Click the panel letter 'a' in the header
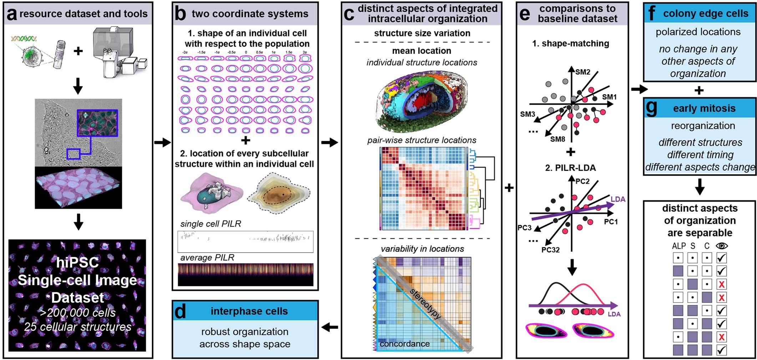pos(12,14)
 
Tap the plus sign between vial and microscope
pos(78,51)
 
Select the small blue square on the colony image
pos(73,154)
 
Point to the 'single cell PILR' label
pos(211,224)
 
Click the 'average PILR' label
pos(207,257)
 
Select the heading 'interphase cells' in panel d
pos(249,311)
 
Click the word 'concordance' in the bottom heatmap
pos(404,344)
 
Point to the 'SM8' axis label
pos(557,139)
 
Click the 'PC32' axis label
pos(550,250)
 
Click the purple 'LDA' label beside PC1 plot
pos(618,199)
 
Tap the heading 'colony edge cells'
pos(705,14)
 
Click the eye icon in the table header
pos(721,245)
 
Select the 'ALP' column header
pos(678,246)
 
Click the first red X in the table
pos(721,284)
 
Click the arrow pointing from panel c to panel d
pos(330,327)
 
